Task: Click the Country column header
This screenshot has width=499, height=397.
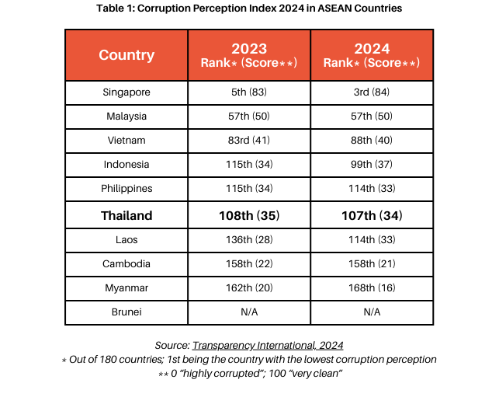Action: click(126, 55)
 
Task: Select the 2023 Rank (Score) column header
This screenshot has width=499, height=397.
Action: click(249, 55)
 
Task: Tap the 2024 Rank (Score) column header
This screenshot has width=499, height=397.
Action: click(372, 55)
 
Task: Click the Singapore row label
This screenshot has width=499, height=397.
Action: click(126, 92)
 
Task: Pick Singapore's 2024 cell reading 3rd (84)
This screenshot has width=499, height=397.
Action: click(372, 92)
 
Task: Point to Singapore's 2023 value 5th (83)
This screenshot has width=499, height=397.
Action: click(249, 92)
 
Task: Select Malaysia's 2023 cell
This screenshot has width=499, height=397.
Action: click(249, 117)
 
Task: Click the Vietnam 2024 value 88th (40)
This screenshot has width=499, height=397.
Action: click(372, 141)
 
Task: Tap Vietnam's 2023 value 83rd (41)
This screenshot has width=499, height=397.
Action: click(249, 141)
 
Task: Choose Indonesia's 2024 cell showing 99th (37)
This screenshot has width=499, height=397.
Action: click(372, 165)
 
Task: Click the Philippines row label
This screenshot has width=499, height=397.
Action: click(126, 189)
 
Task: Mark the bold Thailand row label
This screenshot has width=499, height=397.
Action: click(126, 215)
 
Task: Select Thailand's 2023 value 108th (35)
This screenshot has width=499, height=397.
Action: click(249, 215)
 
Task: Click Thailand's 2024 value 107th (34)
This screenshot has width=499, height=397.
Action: click(372, 215)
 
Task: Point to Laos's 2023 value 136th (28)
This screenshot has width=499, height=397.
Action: click(249, 240)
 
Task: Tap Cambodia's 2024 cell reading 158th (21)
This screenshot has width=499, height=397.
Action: click(372, 264)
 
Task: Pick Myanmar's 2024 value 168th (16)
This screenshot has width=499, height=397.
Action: click(372, 288)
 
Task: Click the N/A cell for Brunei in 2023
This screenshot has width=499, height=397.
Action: click(249, 312)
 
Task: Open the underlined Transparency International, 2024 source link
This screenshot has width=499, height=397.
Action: click(268, 345)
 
